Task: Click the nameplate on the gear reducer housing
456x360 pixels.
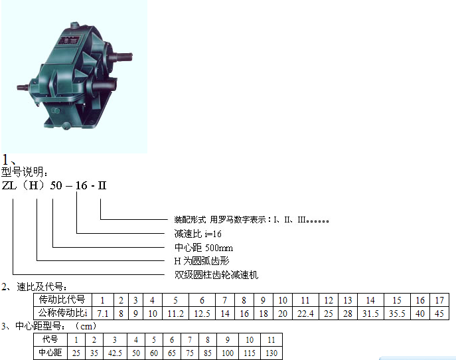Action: [x=69, y=40]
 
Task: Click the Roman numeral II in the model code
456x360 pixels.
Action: [x=102, y=185]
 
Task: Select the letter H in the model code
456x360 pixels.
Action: [x=33, y=185]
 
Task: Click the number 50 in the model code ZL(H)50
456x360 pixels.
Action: [x=56, y=185]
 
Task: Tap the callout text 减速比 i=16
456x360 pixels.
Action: [x=198, y=234]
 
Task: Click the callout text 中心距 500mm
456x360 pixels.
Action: [x=204, y=248]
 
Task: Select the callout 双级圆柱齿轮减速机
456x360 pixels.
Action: [x=216, y=275]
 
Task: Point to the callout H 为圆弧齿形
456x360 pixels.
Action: [x=202, y=261]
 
